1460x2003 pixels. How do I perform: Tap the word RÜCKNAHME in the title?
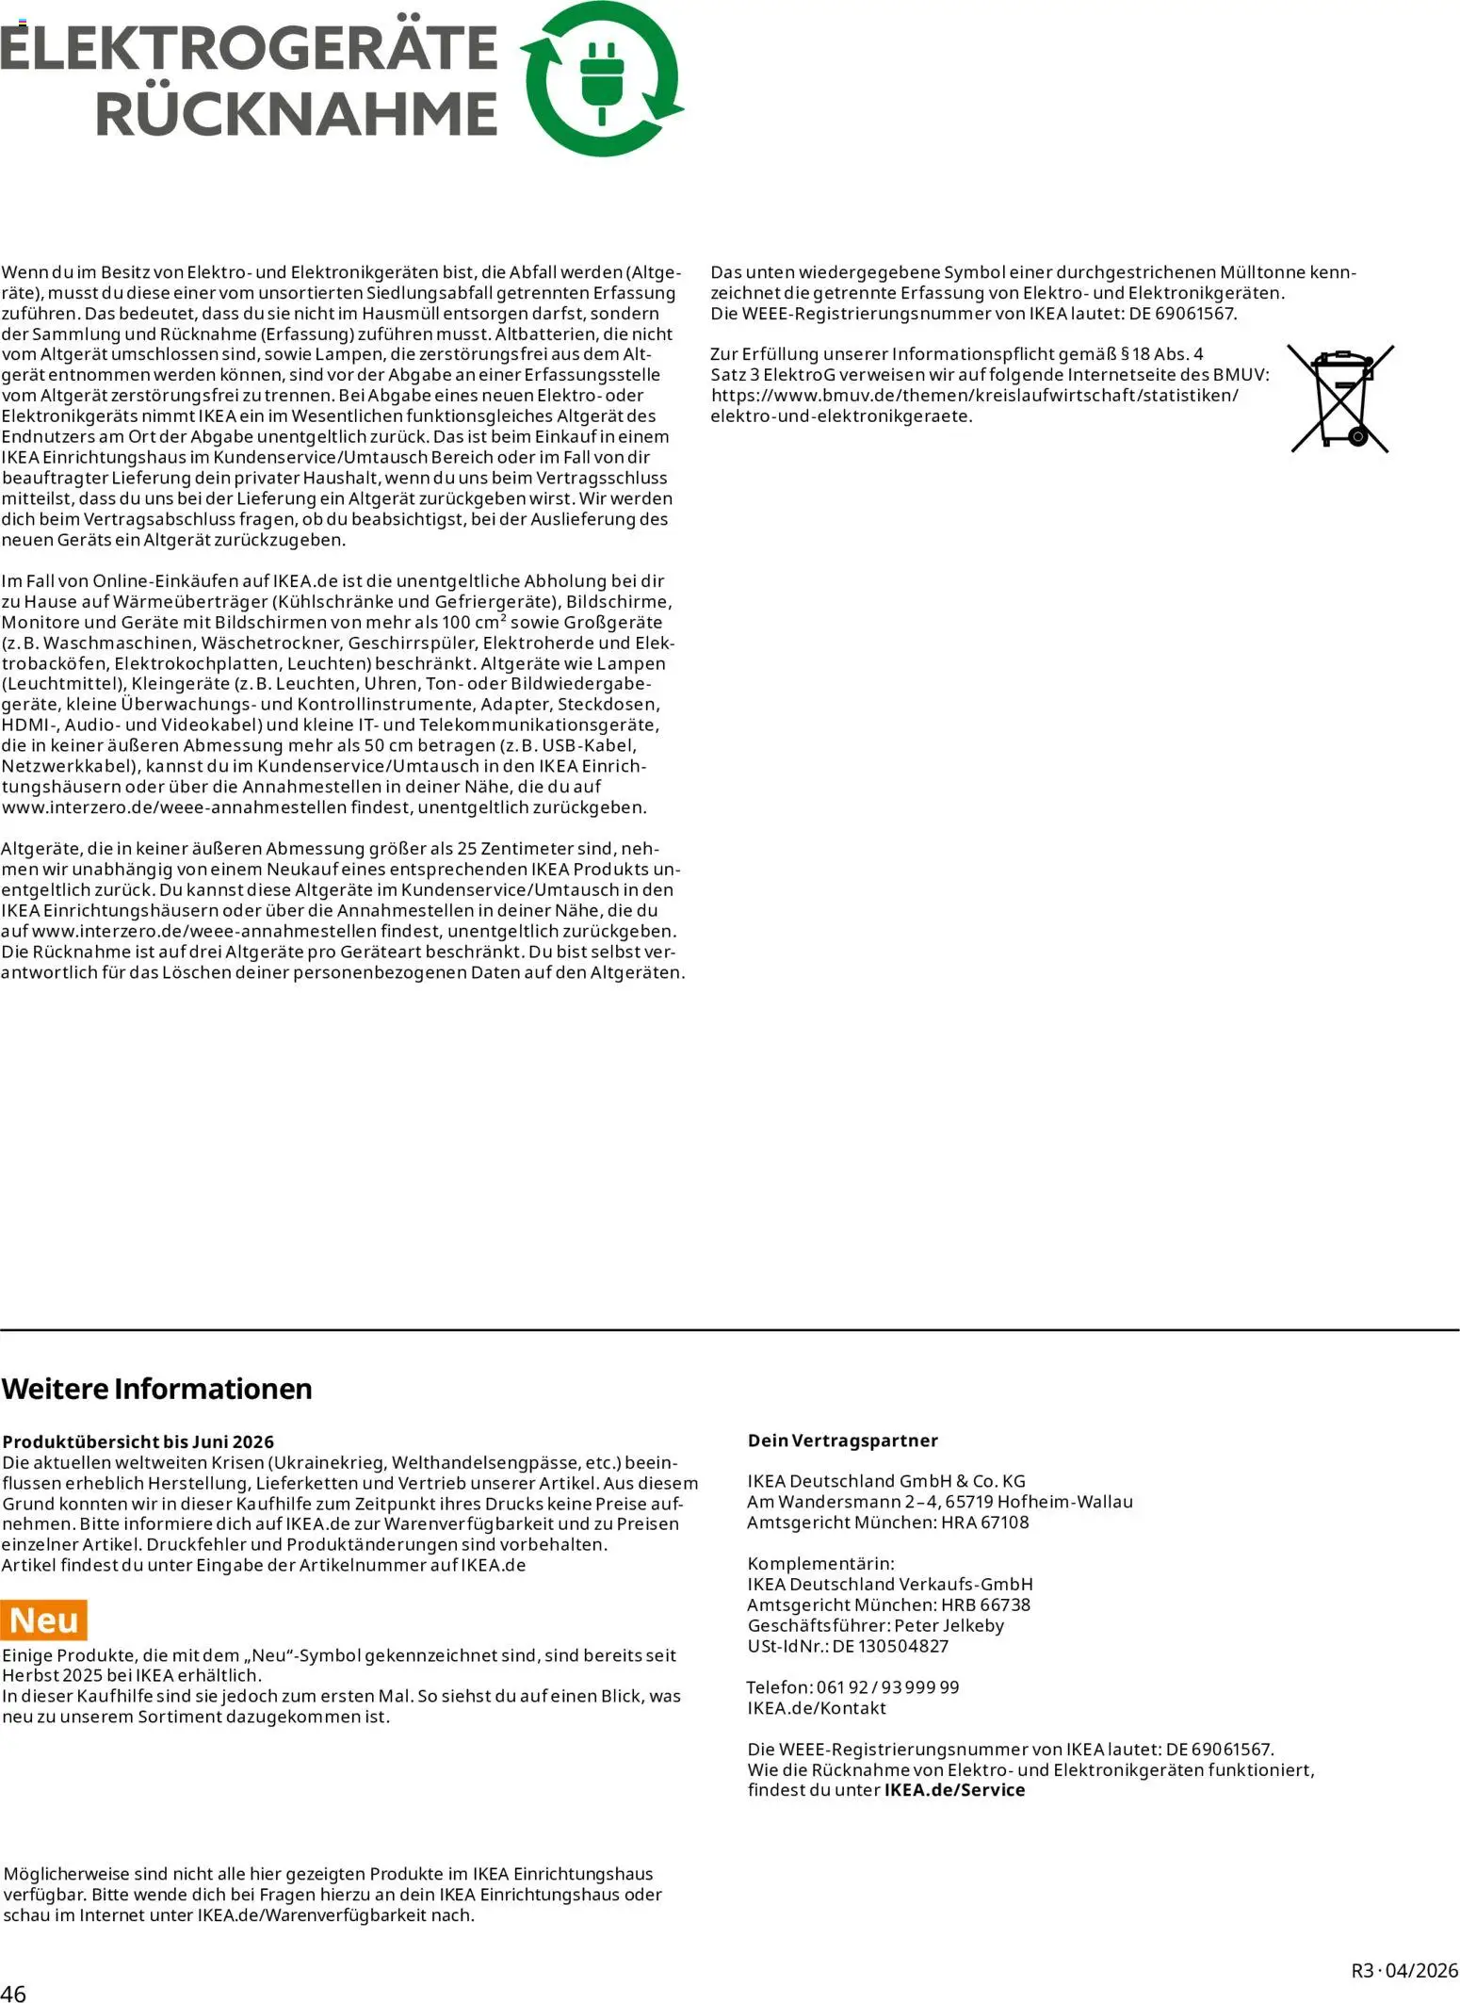(x=296, y=114)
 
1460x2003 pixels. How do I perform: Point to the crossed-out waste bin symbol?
(x=1341, y=399)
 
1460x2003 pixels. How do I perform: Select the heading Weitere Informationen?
(x=156, y=1389)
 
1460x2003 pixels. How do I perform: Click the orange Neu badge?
(x=44, y=1620)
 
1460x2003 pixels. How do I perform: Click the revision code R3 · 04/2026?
(x=1404, y=1971)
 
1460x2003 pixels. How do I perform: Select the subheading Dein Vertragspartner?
(x=842, y=1441)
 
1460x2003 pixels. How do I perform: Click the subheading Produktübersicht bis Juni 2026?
(x=138, y=1441)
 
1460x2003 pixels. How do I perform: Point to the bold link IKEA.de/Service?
(x=954, y=1790)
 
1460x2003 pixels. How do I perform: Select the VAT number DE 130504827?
(x=890, y=1646)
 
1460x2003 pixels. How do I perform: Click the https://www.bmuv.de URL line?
(x=974, y=396)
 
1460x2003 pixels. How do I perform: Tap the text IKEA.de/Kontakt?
(x=817, y=1708)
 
